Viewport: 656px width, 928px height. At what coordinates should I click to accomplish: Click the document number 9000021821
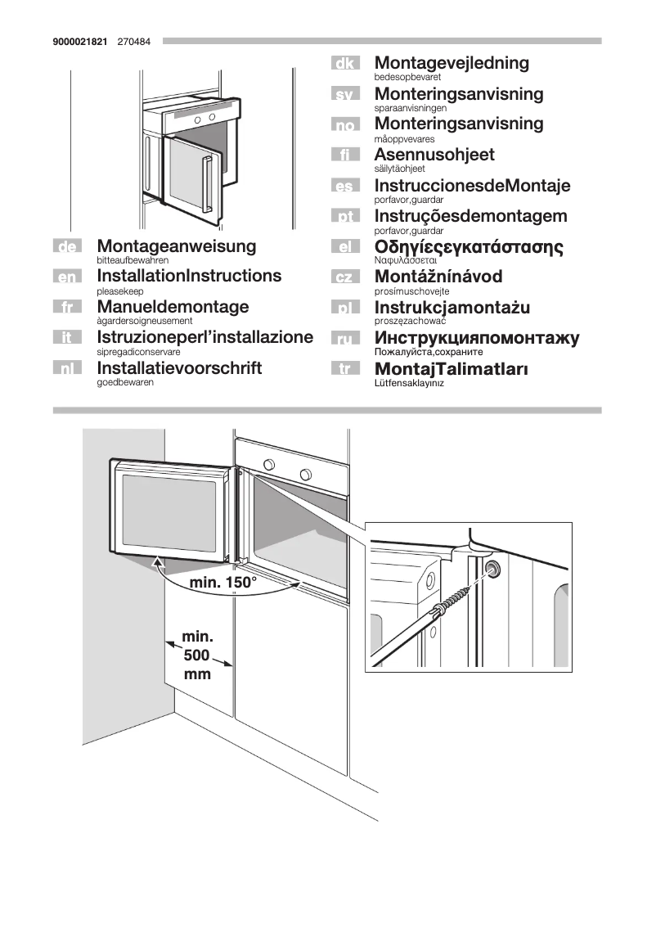click(x=80, y=41)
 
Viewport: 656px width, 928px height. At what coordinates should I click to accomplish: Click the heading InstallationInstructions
click(x=188, y=276)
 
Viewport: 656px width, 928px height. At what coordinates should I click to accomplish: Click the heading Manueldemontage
click(x=173, y=307)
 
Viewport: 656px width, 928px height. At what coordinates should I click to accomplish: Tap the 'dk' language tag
click(x=345, y=64)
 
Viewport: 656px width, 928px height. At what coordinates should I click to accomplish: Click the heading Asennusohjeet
click(x=434, y=155)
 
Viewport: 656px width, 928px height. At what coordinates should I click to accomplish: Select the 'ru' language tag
click(x=345, y=339)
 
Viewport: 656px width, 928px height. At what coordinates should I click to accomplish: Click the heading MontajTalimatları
click(x=451, y=369)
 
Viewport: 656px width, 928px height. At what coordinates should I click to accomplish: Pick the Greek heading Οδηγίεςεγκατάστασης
click(x=469, y=247)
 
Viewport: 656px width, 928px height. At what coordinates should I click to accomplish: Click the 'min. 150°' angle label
click(x=223, y=583)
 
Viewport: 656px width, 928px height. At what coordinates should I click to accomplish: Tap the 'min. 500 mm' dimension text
click(x=197, y=655)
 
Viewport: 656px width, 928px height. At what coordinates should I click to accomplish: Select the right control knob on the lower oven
click(x=306, y=475)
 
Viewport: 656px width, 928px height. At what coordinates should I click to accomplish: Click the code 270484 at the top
click(x=133, y=41)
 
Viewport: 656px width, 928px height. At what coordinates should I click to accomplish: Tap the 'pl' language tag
click(x=345, y=309)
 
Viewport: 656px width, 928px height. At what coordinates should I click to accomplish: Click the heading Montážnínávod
click(x=438, y=277)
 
